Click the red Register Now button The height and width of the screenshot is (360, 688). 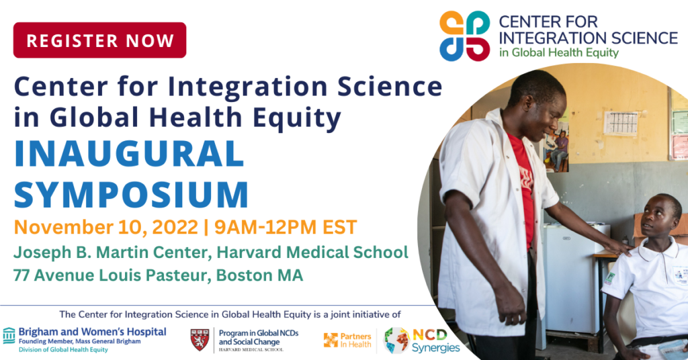tap(99, 40)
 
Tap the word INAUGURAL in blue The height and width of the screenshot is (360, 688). tap(129, 154)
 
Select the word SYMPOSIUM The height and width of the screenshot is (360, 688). tap(131, 193)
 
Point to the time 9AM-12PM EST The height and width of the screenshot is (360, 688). tap(286, 227)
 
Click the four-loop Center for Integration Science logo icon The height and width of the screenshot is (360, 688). tap(465, 36)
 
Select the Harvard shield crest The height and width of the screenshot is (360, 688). tap(200, 340)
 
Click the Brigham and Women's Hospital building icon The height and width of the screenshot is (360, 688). tap(9, 335)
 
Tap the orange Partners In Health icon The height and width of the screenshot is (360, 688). tap(331, 341)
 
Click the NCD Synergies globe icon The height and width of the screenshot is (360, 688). tap(396, 341)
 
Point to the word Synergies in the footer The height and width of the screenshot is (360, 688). tap(435, 348)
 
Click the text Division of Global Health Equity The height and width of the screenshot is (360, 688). tap(63, 349)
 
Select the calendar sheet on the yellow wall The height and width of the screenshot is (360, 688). tap(620, 122)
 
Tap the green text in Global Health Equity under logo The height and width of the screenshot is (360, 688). tap(558, 53)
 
